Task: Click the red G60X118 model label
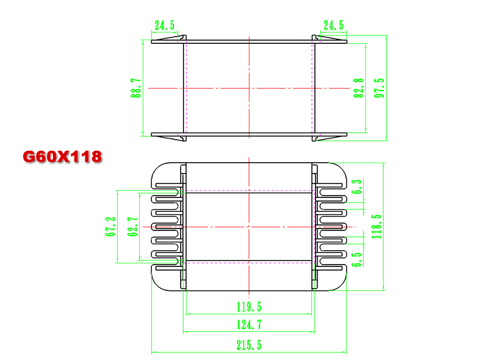62,157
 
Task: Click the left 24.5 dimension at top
164,25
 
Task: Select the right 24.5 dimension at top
334,25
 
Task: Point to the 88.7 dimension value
136,88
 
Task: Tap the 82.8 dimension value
358,88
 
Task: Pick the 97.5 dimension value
379,88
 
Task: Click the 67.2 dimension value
110,227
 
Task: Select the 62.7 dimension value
132,227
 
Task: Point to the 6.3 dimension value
356,187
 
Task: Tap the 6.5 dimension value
356,260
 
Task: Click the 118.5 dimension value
376,227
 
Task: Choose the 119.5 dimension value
249,307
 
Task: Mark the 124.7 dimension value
249,325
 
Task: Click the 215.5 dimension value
249,345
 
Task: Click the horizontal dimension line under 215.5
249,353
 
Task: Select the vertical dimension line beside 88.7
143,88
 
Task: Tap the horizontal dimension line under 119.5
249,314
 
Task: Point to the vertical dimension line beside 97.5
386,88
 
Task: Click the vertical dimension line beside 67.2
117,227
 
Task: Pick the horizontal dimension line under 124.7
249,332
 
